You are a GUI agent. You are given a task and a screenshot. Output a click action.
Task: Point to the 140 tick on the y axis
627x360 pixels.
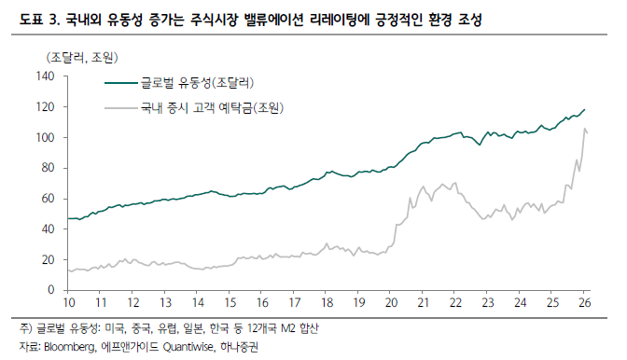coord(46,76)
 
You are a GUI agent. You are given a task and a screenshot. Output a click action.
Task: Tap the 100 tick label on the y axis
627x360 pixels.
coord(46,138)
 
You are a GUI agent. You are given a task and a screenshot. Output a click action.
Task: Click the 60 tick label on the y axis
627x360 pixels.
coord(49,199)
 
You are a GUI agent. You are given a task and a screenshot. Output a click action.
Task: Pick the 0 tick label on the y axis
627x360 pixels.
coord(52,290)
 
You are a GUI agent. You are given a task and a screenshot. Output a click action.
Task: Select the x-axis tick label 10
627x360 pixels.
coord(68,304)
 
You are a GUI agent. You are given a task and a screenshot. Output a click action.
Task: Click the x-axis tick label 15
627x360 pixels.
coord(230,304)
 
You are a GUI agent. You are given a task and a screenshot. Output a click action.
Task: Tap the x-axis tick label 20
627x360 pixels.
coord(391,304)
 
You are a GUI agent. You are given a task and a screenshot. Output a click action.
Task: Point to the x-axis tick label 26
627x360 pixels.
coord(585,304)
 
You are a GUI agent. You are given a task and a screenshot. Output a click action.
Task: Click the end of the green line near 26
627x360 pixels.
coord(585,110)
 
